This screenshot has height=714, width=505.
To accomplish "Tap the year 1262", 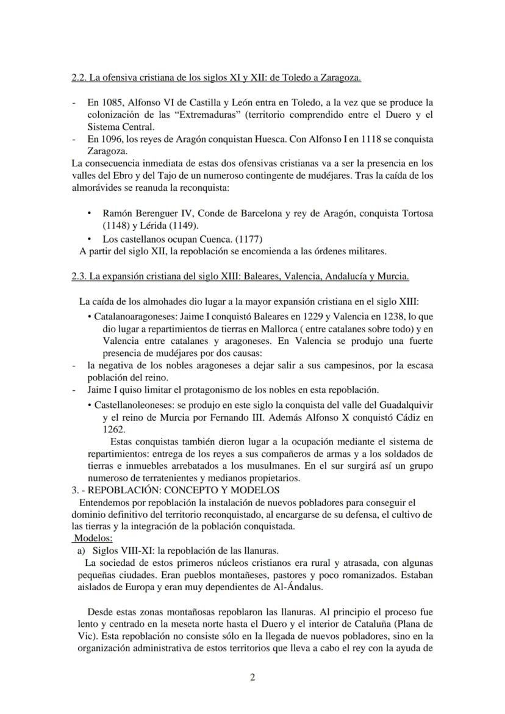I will click(x=113, y=429).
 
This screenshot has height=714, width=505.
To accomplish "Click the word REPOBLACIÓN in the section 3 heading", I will click(x=115, y=490).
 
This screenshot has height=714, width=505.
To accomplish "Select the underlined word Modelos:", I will click(x=93, y=538).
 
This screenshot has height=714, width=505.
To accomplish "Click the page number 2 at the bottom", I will click(x=253, y=678).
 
